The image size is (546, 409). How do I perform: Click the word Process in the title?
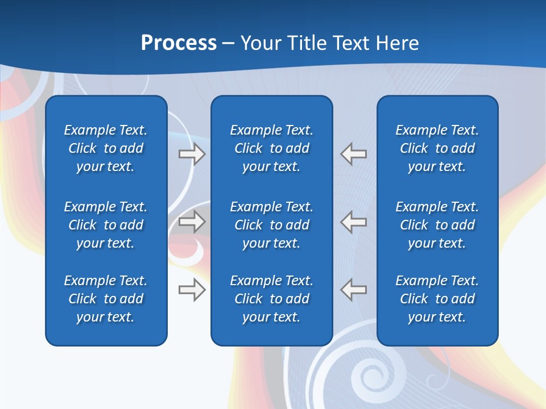coord(179,43)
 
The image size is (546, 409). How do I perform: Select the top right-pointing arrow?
coord(192,154)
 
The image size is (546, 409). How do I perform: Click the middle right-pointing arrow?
coord(192,222)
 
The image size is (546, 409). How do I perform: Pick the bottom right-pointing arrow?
coord(192,290)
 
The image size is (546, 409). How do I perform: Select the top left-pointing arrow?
coord(354,154)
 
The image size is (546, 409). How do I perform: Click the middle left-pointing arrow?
coord(354,222)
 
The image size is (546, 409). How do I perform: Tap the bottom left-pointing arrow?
coord(354,290)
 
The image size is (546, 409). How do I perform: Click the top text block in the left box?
coord(106,148)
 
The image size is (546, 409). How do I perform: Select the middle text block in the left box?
coord(106,225)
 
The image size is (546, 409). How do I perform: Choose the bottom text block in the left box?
coord(106,299)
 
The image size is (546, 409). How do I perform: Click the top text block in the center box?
coord(271,148)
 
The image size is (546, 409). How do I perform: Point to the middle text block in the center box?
coord(271,225)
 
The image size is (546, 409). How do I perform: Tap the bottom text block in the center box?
coord(271,299)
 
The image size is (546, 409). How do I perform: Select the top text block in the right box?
coord(437,148)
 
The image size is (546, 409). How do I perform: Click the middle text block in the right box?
coord(437,225)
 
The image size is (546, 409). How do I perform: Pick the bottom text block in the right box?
coord(437,299)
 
